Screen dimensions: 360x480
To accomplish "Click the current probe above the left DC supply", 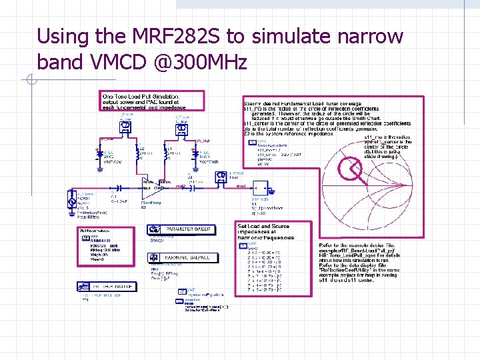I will click(124, 126).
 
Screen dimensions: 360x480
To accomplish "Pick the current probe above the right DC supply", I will click(181, 126).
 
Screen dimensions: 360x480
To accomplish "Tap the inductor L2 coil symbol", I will click(138, 155).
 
